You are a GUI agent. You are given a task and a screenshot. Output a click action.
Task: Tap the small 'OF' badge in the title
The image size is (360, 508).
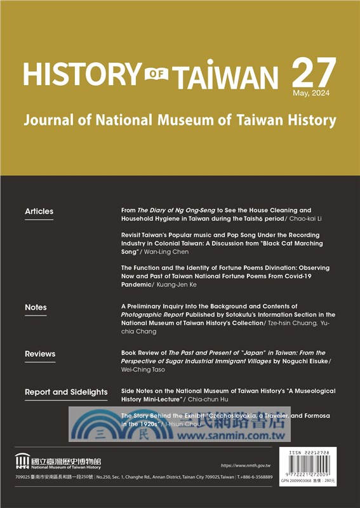(x=155, y=75)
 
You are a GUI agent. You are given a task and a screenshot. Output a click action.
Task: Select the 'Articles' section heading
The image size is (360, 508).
(x=39, y=211)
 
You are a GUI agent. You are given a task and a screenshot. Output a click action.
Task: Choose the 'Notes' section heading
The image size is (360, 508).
(x=36, y=307)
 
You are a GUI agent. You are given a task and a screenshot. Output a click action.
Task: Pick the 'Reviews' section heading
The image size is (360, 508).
(x=40, y=354)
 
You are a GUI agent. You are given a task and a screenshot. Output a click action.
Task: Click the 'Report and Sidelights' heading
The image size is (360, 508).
(x=66, y=392)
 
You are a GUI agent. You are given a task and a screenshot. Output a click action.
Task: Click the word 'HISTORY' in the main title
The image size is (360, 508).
(x=81, y=75)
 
